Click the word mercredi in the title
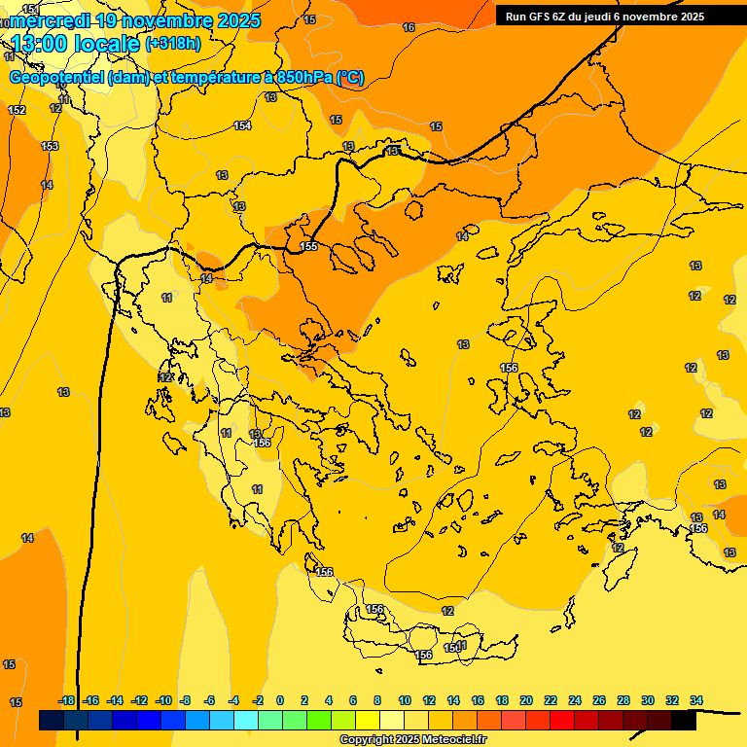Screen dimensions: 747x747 (51, 20)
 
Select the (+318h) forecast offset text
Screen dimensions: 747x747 (173, 44)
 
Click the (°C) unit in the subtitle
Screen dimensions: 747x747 (350, 78)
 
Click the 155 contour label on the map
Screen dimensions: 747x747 (308, 247)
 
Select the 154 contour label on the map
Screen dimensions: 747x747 (242, 126)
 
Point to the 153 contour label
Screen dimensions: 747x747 (50, 146)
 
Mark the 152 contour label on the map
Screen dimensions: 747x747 (17, 110)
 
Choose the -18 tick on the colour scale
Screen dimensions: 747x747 (67, 700)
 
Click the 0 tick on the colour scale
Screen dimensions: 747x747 (280, 700)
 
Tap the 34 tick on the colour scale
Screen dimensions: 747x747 (696, 700)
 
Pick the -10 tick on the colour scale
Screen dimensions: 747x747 (163, 700)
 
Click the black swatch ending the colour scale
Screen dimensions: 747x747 (684, 721)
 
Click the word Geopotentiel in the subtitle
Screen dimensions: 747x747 (57, 78)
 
